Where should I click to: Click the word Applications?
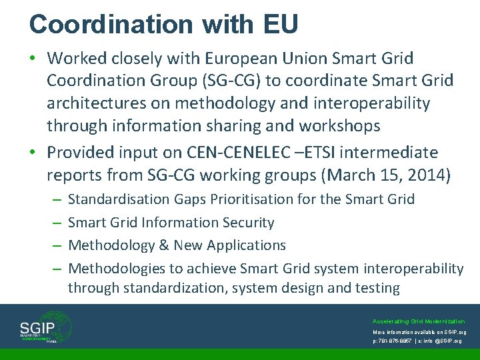247,245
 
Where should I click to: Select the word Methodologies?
117,269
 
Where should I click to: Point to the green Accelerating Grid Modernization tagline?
419,321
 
